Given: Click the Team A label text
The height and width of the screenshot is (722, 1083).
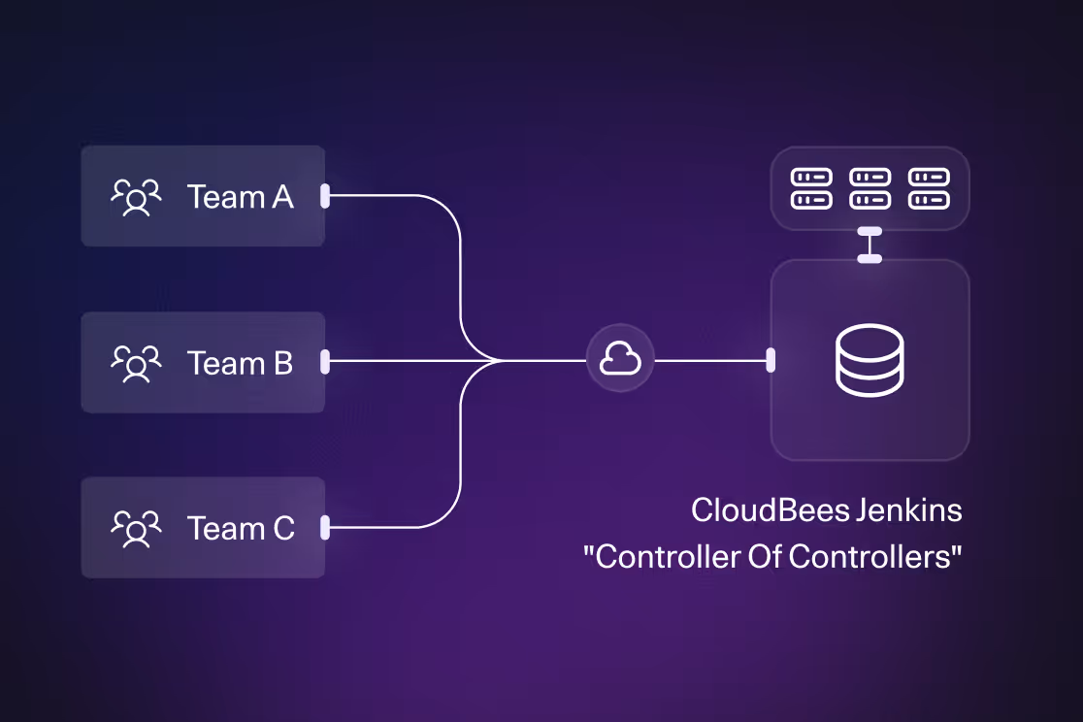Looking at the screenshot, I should coord(240,197).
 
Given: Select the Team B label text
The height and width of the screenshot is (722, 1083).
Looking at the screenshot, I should coord(240,363).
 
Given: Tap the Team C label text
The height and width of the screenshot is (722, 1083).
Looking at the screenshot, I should coord(241,529).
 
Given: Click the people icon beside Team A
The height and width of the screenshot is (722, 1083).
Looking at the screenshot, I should coord(136,197).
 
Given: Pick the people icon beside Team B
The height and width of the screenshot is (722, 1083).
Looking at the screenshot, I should coord(136,363).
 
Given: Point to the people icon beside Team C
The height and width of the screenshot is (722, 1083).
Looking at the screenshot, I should coord(136,529).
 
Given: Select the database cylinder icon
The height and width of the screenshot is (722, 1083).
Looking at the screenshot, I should coord(870,361).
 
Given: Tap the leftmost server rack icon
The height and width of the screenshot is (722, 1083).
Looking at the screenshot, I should coord(811,188).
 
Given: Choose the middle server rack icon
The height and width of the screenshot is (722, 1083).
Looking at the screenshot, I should coord(870,188).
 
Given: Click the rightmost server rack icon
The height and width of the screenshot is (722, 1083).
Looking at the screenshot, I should coord(929,188).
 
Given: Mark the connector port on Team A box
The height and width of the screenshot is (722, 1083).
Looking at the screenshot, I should coord(325,196).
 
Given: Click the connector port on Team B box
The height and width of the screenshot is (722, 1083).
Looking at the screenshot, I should coord(325,362).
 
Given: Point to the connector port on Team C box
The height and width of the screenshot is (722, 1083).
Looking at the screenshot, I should coord(325,528).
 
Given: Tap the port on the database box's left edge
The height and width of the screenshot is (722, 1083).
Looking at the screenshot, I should coord(771,361).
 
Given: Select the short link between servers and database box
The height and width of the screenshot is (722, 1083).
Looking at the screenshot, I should coord(870,245).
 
